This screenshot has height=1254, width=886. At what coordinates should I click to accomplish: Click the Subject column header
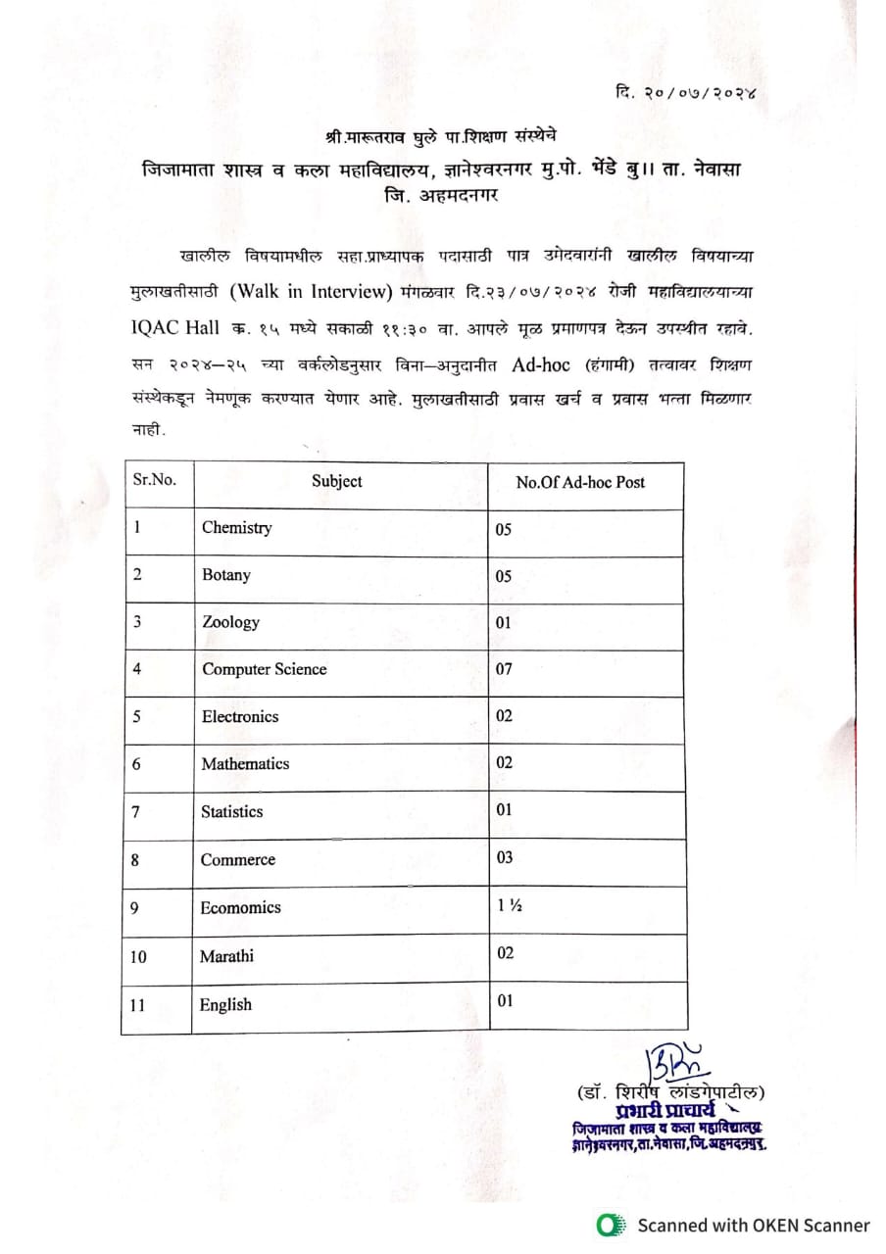click(336, 481)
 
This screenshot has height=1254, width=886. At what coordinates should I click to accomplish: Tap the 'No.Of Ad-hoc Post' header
click(580, 482)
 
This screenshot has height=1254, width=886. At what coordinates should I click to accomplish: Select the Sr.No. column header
click(154, 480)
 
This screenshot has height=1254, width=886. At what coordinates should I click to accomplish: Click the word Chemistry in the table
click(236, 528)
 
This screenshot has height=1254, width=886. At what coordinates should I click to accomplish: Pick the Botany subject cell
click(225, 575)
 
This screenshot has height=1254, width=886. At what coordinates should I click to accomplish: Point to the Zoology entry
click(230, 622)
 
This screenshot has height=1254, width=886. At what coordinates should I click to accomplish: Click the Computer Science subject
click(264, 669)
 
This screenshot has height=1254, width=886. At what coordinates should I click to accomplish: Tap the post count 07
click(504, 669)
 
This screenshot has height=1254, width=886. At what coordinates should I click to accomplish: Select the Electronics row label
click(240, 716)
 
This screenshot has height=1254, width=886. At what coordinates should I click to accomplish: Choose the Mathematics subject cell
click(245, 763)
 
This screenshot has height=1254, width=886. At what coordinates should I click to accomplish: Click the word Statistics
click(231, 811)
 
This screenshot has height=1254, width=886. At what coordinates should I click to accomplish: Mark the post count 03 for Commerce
click(504, 858)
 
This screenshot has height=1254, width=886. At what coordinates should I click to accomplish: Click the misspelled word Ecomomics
click(240, 907)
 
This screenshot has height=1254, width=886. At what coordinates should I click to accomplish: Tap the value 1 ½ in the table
click(509, 906)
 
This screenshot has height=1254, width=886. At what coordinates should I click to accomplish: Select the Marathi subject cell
click(226, 955)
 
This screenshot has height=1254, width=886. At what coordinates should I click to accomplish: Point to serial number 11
click(139, 1004)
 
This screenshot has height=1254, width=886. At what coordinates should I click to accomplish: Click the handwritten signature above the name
click(672, 1062)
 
